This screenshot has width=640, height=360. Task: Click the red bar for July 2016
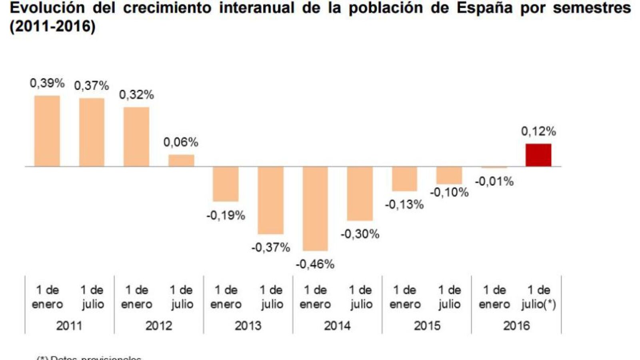pyautogui.click(x=538, y=155)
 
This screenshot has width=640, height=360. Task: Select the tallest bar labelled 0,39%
pyautogui.click(x=47, y=131)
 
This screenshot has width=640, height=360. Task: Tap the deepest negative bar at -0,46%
pyautogui.click(x=315, y=208)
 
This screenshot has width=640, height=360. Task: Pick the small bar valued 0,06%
pyautogui.click(x=181, y=160)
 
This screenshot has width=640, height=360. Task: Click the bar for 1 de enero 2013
pyautogui.click(x=226, y=184)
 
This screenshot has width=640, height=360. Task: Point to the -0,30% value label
pyautogui.click(x=360, y=234)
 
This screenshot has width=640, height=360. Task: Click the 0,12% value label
pyautogui.click(x=538, y=131)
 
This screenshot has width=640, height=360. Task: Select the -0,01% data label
pyautogui.click(x=494, y=182)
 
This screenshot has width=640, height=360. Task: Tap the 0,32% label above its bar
pyautogui.click(x=136, y=95)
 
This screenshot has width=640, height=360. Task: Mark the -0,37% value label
pyautogui.click(x=271, y=248)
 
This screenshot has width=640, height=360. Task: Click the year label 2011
pyautogui.click(x=69, y=326)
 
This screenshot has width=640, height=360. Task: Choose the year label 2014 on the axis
pyautogui.click(x=337, y=326)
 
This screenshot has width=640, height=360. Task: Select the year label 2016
pyautogui.click(x=516, y=326)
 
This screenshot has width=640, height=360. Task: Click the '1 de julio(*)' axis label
pyautogui.click(x=538, y=297)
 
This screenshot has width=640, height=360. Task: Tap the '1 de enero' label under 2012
pyautogui.click(x=136, y=297)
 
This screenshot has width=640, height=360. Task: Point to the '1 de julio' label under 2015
pyautogui.click(x=450, y=297)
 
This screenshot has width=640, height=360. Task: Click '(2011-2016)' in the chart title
pyautogui.click(x=52, y=27)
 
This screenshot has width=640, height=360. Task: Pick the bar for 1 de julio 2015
pyautogui.click(x=449, y=175)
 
